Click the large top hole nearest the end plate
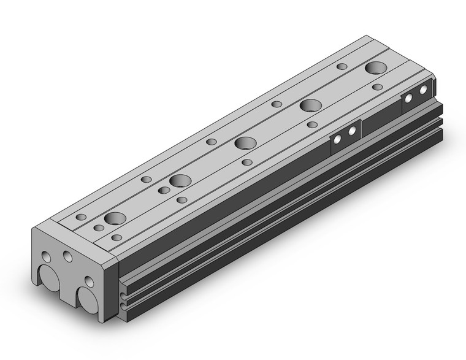click(x=113, y=218)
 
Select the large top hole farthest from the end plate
click(x=375, y=68)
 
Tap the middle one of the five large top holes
click(x=245, y=143)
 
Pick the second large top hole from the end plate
click(x=180, y=181)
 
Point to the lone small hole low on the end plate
click(x=89, y=281)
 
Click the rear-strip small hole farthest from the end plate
click(x=342, y=66)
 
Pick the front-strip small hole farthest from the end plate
click(x=378, y=88)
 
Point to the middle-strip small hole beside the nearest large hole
click(x=99, y=228)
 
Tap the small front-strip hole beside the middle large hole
click(x=247, y=162)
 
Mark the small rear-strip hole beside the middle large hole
click(x=212, y=142)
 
